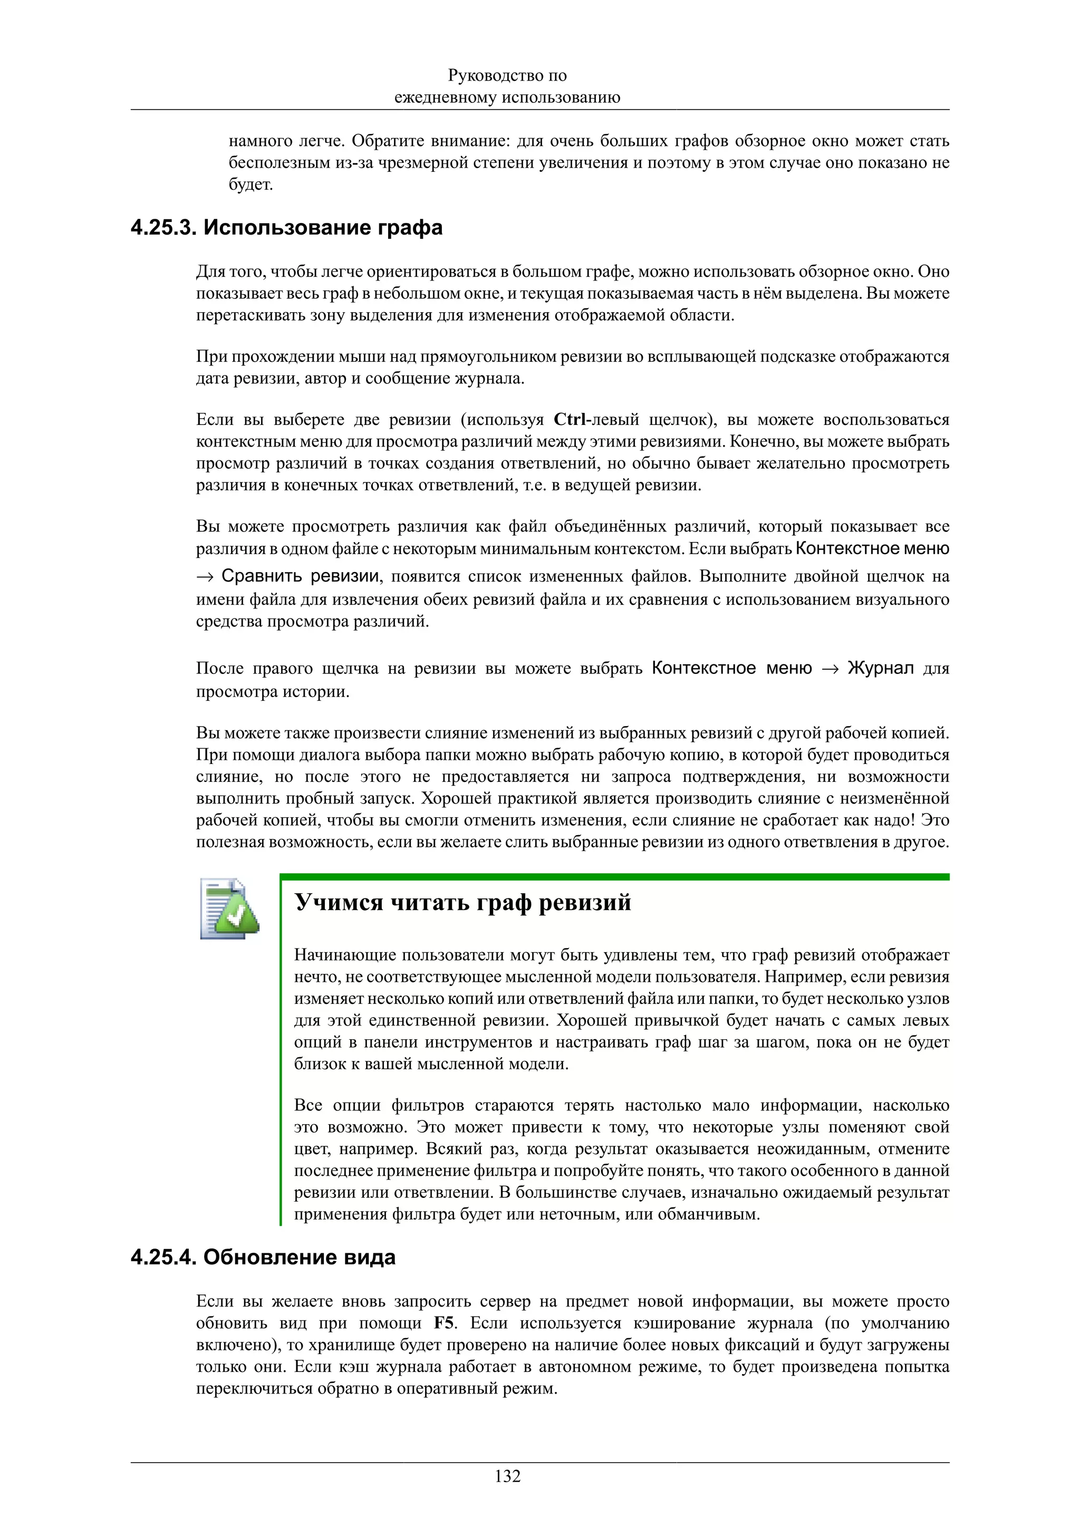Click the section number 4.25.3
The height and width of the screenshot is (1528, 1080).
pos(163,228)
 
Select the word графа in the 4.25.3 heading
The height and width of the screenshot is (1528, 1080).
pos(411,228)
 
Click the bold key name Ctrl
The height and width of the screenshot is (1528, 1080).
pos(569,420)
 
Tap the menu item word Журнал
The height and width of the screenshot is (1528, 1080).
pos(880,668)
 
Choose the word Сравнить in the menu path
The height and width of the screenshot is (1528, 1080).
pos(262,576)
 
